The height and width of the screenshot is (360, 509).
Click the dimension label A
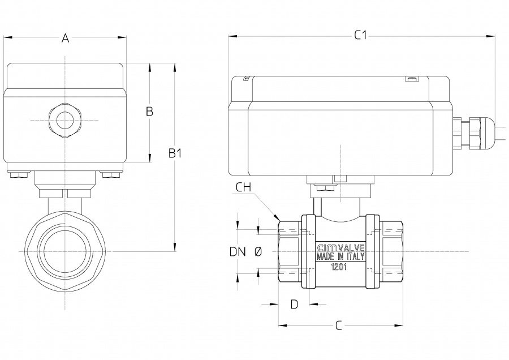click(x=65, y=38)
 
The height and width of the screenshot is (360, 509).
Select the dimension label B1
click(x=176, y=153)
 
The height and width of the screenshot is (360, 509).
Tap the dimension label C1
click(x=360, y=36)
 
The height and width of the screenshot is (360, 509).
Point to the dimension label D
click(x=294, y=304)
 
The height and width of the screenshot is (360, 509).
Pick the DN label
click(x=238, y=252)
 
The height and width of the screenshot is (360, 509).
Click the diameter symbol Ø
click(x=258, y=252)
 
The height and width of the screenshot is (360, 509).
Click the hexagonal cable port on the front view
click(x=64, y=119)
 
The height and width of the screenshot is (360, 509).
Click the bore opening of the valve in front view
click(x=64, y=250)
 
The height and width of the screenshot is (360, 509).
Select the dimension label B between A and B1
click(x=149, y=112)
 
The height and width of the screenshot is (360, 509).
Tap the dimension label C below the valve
click(x=339, y=325)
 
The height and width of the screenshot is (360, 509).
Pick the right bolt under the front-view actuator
click(x=111, y=174)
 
